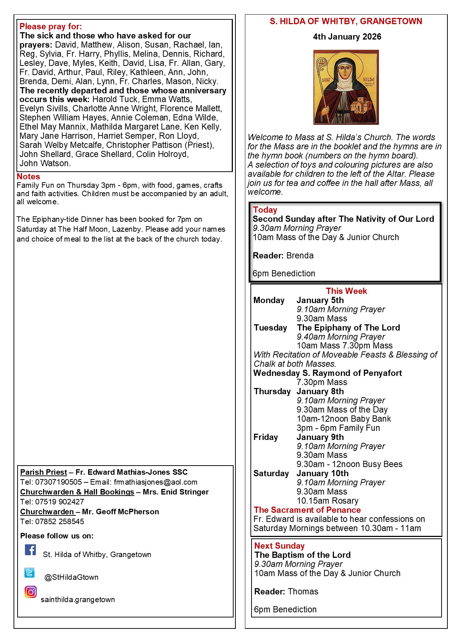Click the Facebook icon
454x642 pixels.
point(30,550)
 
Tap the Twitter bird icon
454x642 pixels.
point(30,572)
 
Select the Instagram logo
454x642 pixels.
point(31,592)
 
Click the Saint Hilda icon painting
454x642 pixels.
point(346,87)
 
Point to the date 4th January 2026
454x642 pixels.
point(347,37)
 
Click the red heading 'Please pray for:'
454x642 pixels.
point(51,26)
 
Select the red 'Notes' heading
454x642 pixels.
point(28,176)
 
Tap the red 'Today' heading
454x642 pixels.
point(265,210)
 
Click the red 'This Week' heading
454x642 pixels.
point(346,291)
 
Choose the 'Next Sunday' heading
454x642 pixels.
point(279,546)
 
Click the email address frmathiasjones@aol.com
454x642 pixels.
point(155,482)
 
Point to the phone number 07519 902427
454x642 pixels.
point(60,502)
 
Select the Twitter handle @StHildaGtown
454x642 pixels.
point(71,577)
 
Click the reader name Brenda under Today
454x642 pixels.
point(300,255)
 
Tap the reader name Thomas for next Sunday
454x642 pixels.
point(303,591)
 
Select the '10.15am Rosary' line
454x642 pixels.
point(327,501)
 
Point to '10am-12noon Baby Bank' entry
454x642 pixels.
point(343,419)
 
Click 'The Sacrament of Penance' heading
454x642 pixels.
point(307,510)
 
